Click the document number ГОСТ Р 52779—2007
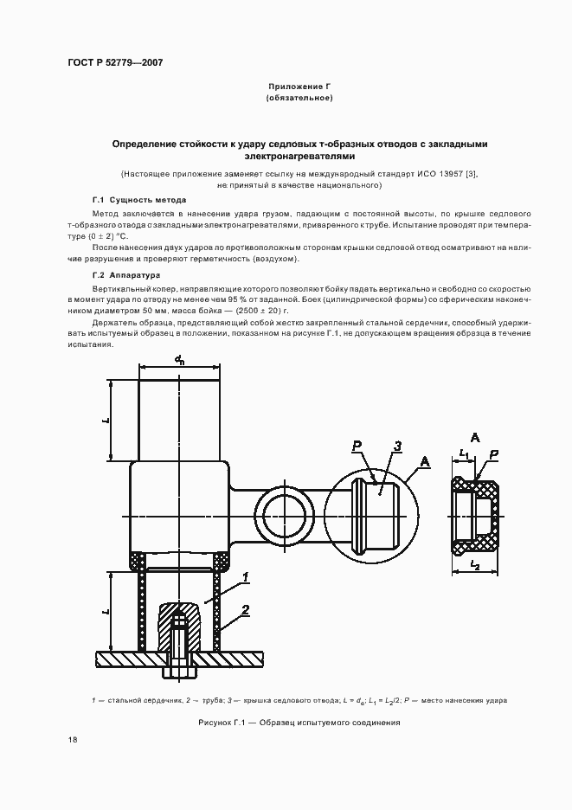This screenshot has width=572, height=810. (x=115, y=62)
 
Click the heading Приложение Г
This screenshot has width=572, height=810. (x=299, y=87)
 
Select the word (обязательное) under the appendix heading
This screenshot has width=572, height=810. (x=299, y=99)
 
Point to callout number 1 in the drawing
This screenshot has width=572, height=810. (x=247, y=576)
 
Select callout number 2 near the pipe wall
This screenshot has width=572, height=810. (x=247, y=610)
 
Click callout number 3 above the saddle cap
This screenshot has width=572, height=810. (x=396, y=447)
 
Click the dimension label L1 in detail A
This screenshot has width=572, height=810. (x=465, y=453)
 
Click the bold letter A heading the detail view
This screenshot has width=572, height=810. (x=475, y=436)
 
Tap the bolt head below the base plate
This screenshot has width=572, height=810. (x=178, y=672)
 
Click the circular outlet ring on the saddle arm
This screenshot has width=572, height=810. (x=285, y=505)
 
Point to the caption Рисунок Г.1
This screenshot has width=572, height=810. (x=299, y=722)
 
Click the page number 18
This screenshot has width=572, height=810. (x=73, y=740)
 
